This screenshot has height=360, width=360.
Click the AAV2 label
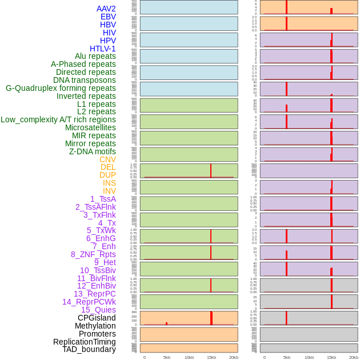pos(106,9)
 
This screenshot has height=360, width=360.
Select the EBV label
pos(108,17)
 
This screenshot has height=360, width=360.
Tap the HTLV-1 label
pos(103,49)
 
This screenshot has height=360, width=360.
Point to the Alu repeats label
pos(95,56)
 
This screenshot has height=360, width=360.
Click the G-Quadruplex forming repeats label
pos(61,88)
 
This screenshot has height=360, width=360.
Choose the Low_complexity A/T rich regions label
pos(58,119)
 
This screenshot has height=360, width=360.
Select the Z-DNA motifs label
pos(93,151)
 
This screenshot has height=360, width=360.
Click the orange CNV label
pos(107,159)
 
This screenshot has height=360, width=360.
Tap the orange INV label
pos(109,191)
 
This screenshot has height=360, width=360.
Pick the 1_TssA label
pos(103,199)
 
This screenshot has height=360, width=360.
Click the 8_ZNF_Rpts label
pos(93,254)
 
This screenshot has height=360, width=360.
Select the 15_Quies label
pos(98,310)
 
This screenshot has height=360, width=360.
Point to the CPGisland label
pos(97,318)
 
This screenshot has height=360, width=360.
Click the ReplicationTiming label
pos(84,342)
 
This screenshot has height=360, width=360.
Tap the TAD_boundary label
pos(89,349)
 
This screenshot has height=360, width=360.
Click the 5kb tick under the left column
pos(167,357)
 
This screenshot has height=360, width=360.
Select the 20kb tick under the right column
pos(354,357)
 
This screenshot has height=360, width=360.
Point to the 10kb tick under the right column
pos(309,357)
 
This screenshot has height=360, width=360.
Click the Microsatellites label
pos(90,127)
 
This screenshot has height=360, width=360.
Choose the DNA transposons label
pos(85,80)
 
